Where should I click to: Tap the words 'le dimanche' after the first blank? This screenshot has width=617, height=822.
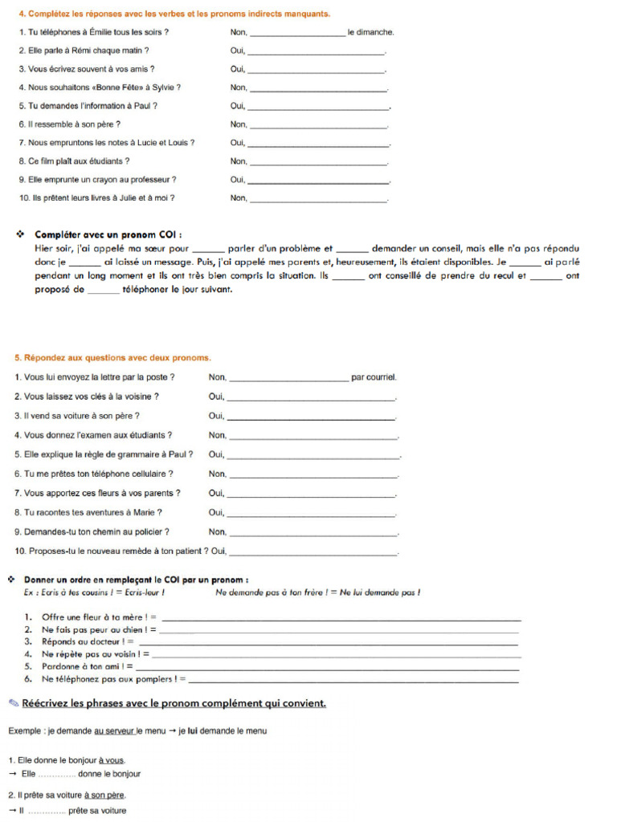(x=370, y=33)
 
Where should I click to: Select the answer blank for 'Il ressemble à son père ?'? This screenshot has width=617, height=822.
(x=318, y=125)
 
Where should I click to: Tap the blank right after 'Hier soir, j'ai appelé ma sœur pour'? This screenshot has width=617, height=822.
(x=210, y=249)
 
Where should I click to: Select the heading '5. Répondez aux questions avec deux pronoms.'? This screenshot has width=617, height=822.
(x=112, y=357)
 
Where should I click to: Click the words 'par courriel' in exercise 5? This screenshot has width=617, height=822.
(x=374, y=376)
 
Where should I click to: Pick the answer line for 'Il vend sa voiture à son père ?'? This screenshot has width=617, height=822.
(x=312, y=417)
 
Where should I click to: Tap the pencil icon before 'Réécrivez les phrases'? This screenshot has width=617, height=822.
(x=13, y=703)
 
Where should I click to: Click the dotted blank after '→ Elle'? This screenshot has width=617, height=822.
(x=57, y=775)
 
